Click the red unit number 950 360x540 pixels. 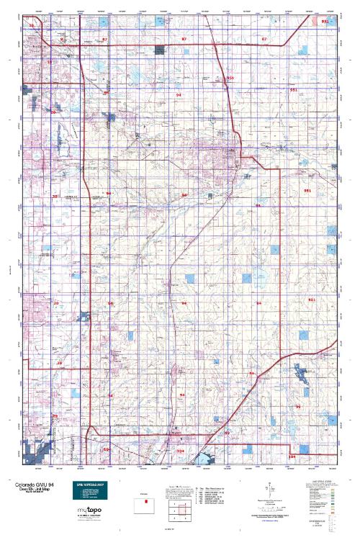[x=230, y=78]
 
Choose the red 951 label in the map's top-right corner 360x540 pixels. [x=325, y=22]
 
